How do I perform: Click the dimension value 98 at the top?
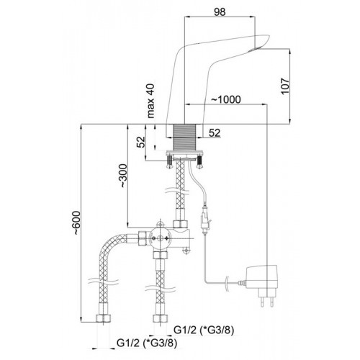pos(220,12)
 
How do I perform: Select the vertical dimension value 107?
pos(286,86)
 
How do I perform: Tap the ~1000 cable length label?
pos(225,99)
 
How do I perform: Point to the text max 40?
pos(150,101)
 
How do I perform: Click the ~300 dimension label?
pos(123,176)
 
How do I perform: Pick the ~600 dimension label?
pos(76,222)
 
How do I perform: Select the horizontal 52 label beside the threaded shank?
pos(215,132)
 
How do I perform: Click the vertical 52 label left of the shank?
pos(141,142)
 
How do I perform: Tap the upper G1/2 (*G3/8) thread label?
pos(204,330)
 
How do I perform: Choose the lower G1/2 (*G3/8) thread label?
pos(147,343)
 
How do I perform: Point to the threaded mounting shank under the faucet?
pos(185,138)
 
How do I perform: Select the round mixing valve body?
pos(159,238)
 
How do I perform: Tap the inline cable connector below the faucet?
pos(204,219)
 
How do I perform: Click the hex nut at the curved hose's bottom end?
pos(104,318)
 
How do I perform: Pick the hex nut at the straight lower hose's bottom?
pos(161,318)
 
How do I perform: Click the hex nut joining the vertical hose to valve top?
pos(180,224)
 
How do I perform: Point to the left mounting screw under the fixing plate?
pos(170,162)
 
